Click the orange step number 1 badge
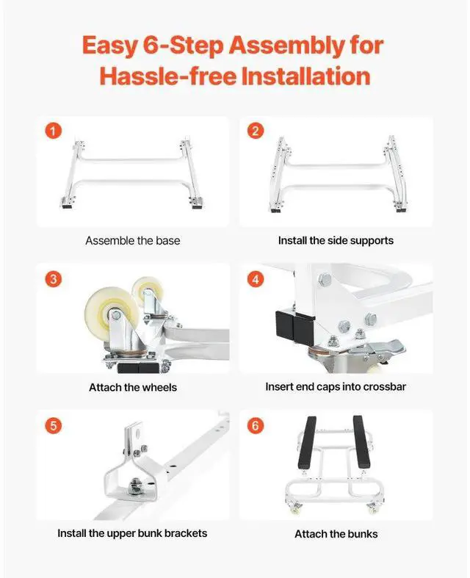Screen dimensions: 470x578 point(54,131)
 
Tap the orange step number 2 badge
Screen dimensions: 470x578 point(256,131)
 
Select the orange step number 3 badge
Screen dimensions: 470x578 point(54,279)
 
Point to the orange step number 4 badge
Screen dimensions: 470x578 point(256,279)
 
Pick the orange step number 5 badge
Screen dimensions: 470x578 point(54,426)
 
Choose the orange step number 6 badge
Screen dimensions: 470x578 point(256,426)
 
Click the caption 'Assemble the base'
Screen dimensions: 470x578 point(133,241)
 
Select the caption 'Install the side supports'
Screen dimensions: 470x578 point(336,241)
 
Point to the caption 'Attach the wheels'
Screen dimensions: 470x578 point(133,388)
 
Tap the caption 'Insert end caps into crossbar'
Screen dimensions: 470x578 point(336,387)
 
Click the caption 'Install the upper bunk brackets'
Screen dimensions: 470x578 point(132,533)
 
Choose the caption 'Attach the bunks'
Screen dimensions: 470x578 point(336,534)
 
